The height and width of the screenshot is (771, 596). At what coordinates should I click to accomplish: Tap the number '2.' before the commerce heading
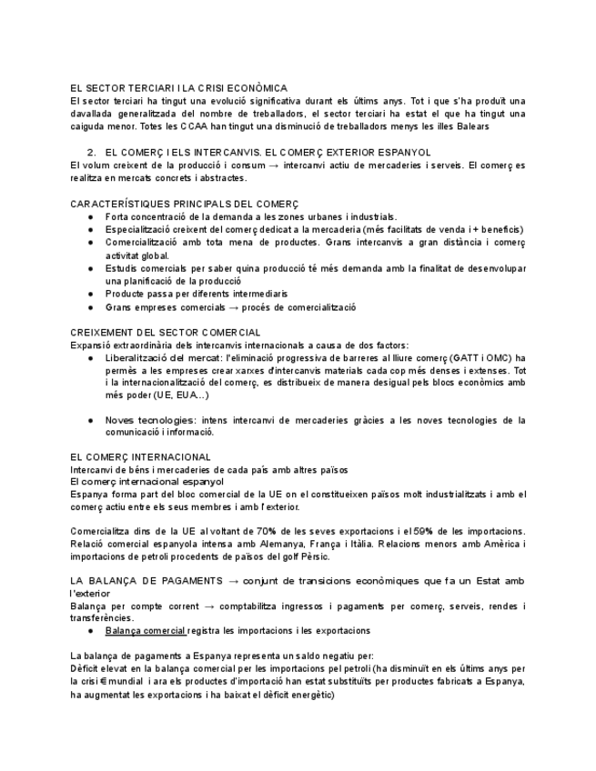pyautogui.click(x=91, y=152)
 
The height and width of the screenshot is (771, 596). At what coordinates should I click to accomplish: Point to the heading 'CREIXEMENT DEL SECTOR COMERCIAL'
pyautogui.click(x=166, y=333)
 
